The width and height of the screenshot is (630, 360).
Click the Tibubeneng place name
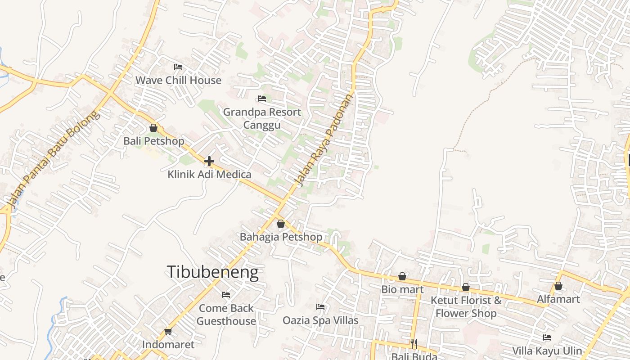(x=212, y=272)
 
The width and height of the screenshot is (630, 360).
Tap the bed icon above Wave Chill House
(x=178, y=67)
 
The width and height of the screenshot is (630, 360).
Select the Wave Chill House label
(x=178, y=80)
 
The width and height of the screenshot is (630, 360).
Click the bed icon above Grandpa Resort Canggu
(x=262, y=99)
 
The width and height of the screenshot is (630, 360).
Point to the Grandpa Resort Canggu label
(x=262, y=118)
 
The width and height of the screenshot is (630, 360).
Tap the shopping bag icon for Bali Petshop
(x=153, y=128)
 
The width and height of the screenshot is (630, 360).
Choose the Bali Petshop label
(x=154, y=141)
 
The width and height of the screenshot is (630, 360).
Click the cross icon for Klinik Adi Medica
(x=209, y=161)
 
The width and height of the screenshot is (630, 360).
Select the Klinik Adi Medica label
(x=209, y=174)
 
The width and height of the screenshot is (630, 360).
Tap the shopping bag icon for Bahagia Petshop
(x=281, y=224)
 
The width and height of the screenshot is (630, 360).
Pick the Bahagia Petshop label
(x=281, y=237)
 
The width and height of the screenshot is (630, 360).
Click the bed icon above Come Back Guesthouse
(x=226, y=295)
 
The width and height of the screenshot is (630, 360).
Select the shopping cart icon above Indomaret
(x=168, y=332)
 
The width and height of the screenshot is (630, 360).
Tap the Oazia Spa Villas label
(x=320, y=320)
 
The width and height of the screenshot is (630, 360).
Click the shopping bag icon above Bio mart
(x=402, y=276)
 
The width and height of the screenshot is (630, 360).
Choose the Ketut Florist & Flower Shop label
(x=466, y=306)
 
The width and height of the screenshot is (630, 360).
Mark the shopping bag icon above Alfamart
(x=558, y=286)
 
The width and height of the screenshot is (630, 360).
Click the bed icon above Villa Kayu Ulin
(x=547, y=337)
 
